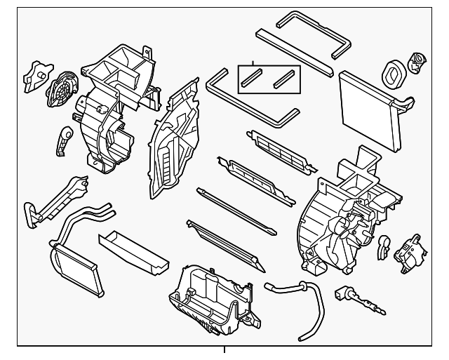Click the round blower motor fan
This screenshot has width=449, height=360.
click(x=61, y=89)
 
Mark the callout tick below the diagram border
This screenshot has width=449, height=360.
click(x=224, y=350)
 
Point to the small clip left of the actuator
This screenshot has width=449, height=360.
click(x=385, y=246)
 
